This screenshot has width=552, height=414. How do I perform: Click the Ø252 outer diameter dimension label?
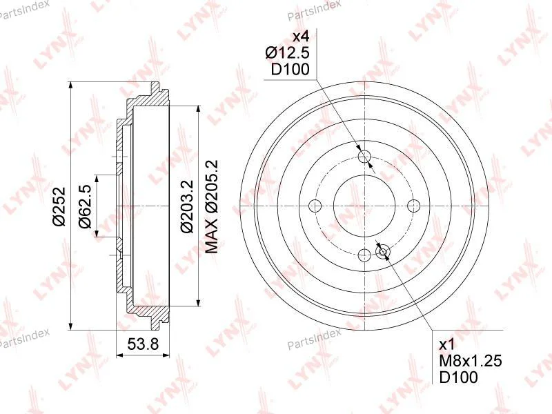(x=59, y=206)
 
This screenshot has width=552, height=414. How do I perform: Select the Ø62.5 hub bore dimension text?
(x=86, y=206)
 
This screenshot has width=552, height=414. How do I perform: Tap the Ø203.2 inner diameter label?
(x=187, y=206)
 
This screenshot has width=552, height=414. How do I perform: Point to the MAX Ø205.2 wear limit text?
(x=212, y=206)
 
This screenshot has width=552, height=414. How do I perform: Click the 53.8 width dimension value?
(x=143, y=344)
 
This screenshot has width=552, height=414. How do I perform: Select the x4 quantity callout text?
(x=301, y=37)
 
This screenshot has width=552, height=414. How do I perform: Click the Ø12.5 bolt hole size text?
(x=287, y=53)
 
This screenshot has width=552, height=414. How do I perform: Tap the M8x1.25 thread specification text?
(x=471, y=360)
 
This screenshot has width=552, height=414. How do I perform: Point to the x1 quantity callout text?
(x=447, y=344)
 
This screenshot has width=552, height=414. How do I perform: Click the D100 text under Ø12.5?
(x=290, y=70)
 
